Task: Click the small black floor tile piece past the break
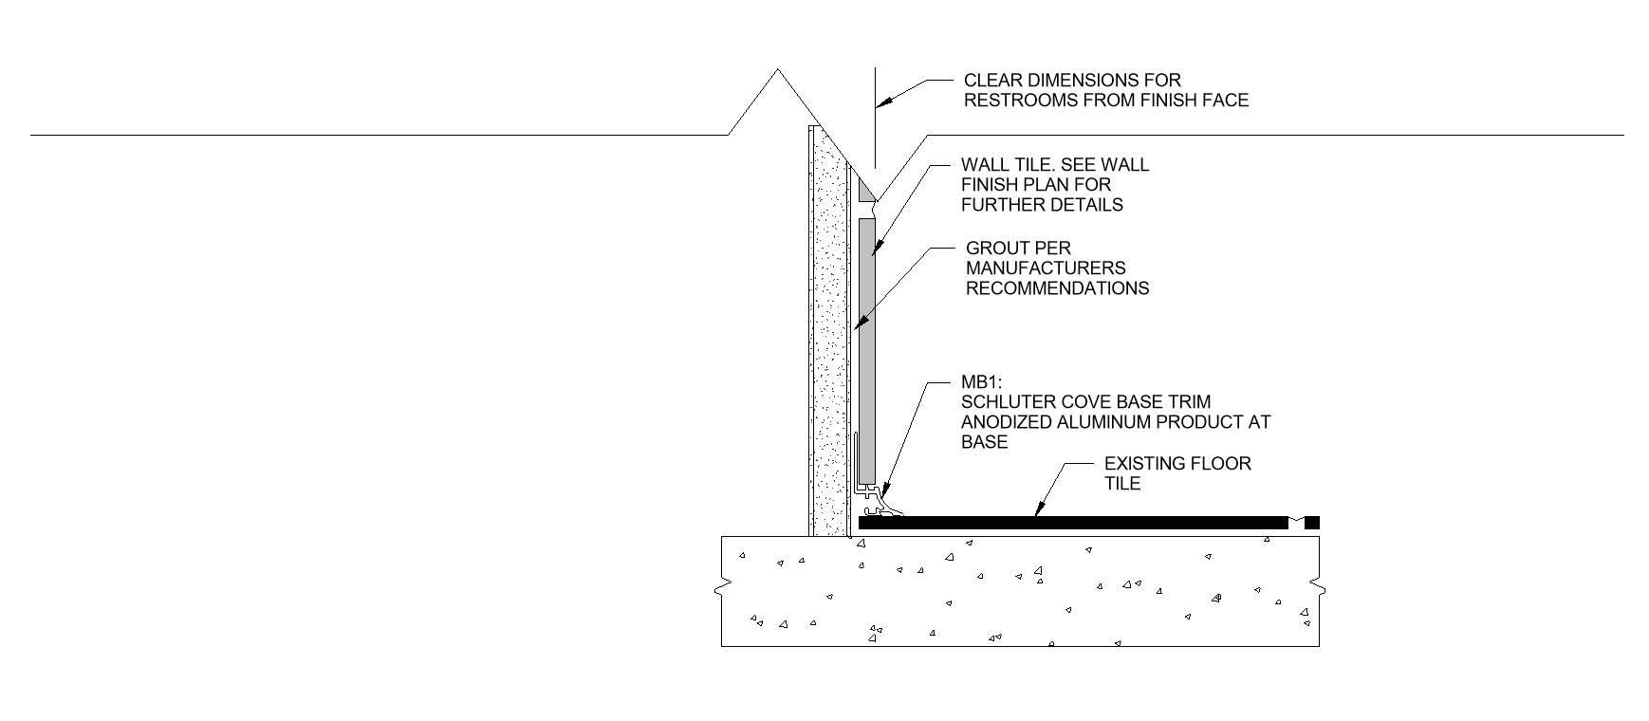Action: pyautogui.click(x=1312, y=523)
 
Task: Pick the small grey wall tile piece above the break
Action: pyautogui.click(x=865, y=191)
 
